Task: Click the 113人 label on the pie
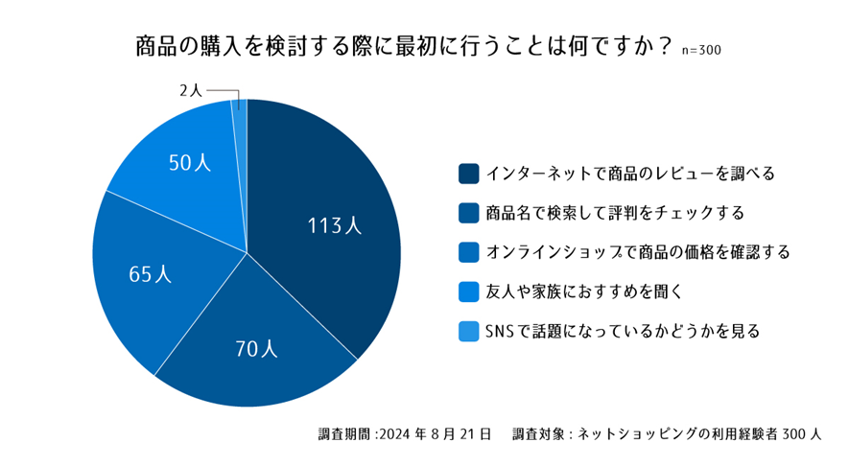pyautogui.click(x=334, y=226)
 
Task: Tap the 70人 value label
pyautogui.click(x=256, y=349)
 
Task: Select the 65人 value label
pyautogui.click(x=151, y=274)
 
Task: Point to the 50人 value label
pyautogui.click(x=190, y=163)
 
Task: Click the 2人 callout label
pyautogui.click(x=191, y=91)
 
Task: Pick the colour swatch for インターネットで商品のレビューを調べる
pyautogui.click(x=469, y=174)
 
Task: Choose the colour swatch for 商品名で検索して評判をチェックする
pyautogui.click(x=469, y=213)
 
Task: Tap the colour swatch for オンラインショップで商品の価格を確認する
pyautogui.click(x=469, y=252)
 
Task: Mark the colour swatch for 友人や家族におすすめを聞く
pyautogui.click(x=469, y=291)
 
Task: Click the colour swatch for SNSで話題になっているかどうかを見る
pyautogui.click(x=469, y=331)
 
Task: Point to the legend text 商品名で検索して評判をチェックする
pyautogui.click(x=615, y=213)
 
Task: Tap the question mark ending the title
pyautogui.click(x=664, y=48)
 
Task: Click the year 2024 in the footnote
pyautogui.click(x=396, y=432)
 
